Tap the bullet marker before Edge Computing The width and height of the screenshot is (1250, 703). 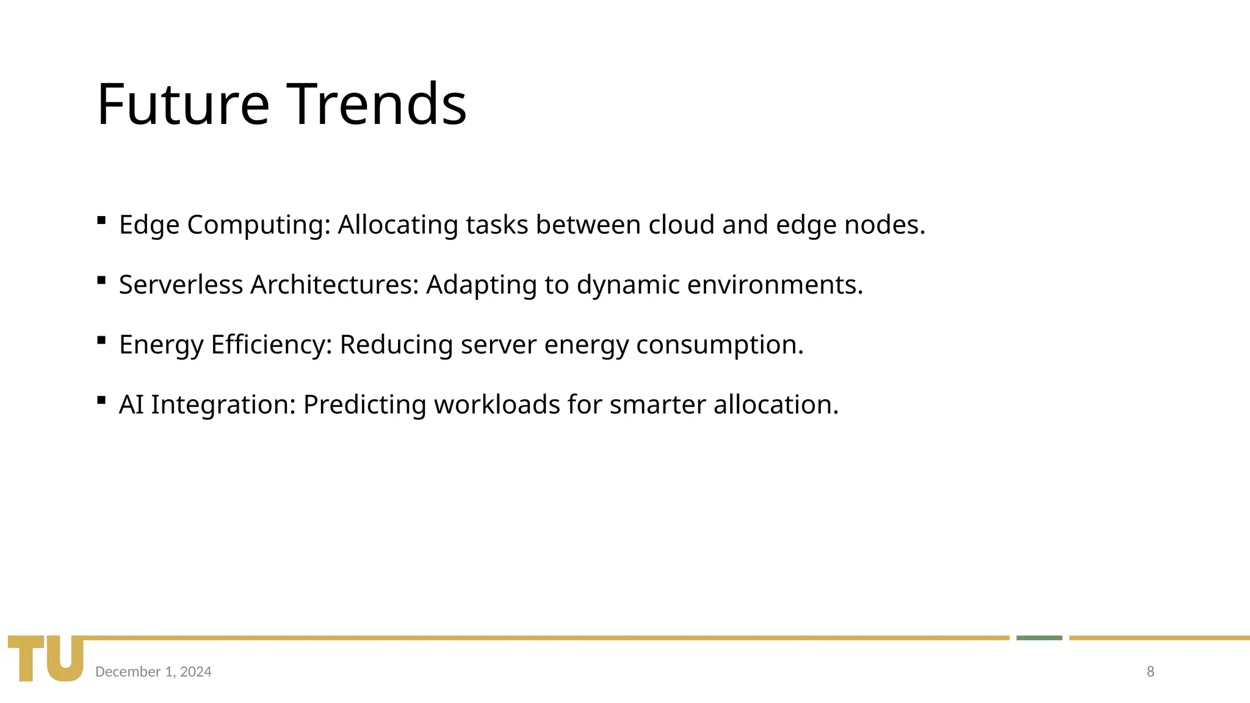(101, 220)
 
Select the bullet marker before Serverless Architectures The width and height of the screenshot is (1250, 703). (101, 280)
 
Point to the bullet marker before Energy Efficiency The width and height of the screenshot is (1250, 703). (101, 340)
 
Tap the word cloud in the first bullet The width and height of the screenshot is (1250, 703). (681, 225)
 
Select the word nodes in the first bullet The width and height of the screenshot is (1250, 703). (884, 225)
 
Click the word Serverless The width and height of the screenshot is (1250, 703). (181, 285)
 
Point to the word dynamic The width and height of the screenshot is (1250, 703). (628, 285)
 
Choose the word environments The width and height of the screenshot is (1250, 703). (775, 285)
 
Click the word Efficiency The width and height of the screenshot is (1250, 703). (271, 345)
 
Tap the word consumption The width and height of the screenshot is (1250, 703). (720, 345)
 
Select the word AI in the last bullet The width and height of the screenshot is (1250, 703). (131, 405)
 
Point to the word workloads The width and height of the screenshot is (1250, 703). (497, 405)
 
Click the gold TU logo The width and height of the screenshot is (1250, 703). (46, 658)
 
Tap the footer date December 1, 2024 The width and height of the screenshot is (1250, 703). (153, 672)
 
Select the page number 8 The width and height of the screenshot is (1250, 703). (1151, 672)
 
